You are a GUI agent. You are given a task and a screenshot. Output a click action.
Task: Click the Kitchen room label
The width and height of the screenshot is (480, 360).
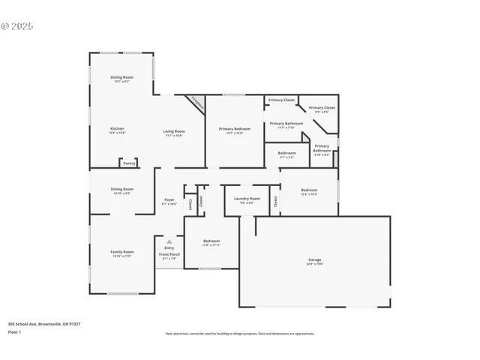(x=117, y=128)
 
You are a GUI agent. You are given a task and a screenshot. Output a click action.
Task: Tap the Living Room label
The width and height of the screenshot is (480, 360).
(x=174, y=131)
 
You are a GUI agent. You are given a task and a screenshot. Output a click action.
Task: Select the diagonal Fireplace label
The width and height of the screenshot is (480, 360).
(x=196, y=103)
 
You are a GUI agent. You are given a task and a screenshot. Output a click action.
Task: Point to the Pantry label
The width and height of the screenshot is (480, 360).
(x=129, y=163)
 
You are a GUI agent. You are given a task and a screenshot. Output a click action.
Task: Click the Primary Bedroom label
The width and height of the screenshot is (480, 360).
(x=235, y=129)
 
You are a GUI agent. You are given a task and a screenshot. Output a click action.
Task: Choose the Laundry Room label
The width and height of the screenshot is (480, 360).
(x=247, y=198)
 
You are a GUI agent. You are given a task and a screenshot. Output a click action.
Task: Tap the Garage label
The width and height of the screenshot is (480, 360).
(x=314, y=259)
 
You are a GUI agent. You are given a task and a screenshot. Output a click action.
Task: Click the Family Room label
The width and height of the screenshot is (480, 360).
(x=122, y=252)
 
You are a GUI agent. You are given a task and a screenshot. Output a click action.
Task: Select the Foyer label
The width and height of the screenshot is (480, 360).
(x=169, y=199)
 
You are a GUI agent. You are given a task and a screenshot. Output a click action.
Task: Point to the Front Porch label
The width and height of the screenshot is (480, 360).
(x=169, y=254)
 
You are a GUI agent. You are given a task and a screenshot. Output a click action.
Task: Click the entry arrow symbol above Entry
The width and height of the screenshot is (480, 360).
(x=169, y=241)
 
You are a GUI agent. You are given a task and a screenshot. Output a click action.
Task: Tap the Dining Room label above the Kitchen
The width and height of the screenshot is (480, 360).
(x=122, y=77)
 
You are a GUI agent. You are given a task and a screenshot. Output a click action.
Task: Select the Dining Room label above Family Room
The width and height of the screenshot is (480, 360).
(x=122, y=189)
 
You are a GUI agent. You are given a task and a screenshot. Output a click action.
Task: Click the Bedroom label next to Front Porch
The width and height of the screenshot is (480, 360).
(x=211, y=241)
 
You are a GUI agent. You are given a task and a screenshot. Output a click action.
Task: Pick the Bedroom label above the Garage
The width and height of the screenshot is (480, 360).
(x=309, y=190)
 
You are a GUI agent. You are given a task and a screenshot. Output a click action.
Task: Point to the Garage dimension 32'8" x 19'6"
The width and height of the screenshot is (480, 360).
(x=314, y=264)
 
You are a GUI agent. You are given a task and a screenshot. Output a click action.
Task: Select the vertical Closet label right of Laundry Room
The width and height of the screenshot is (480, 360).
(x=275, y=200)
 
